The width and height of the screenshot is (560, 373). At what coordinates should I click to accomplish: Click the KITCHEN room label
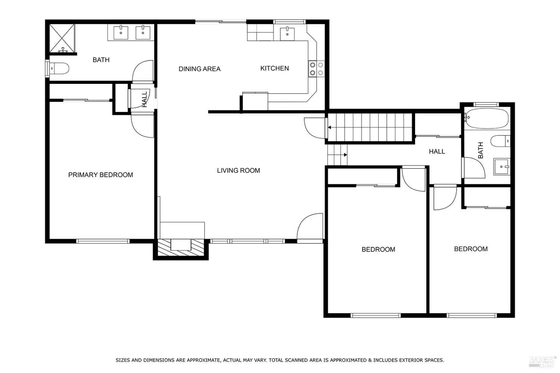click(274, 68)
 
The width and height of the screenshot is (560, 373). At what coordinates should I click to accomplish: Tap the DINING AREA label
click(199, 69)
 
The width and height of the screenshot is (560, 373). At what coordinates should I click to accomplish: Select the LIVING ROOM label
click(238, 170)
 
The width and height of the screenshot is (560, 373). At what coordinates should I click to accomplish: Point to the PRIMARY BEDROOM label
click(100, 175)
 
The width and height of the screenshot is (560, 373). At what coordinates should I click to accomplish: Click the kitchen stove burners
click(316, 69)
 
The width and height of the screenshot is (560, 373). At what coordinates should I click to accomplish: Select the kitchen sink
click(287, 34)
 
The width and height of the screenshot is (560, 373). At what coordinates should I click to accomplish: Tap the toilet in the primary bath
click(59, 68)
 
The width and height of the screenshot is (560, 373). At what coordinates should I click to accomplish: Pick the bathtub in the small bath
click(487, 118)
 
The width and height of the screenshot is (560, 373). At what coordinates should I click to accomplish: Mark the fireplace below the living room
click(181, 248)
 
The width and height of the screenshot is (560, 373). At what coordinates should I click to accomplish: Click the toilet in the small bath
click(500, 141)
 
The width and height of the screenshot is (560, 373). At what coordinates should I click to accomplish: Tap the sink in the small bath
click(501, 167)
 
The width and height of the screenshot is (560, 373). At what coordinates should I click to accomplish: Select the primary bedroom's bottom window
click(103, 241)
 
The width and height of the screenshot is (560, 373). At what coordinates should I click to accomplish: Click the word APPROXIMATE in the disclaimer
click(201, 360)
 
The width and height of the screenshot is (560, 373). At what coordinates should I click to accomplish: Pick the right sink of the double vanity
click(143, 33)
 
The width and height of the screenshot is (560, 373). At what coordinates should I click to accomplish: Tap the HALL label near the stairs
click(437, 151)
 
